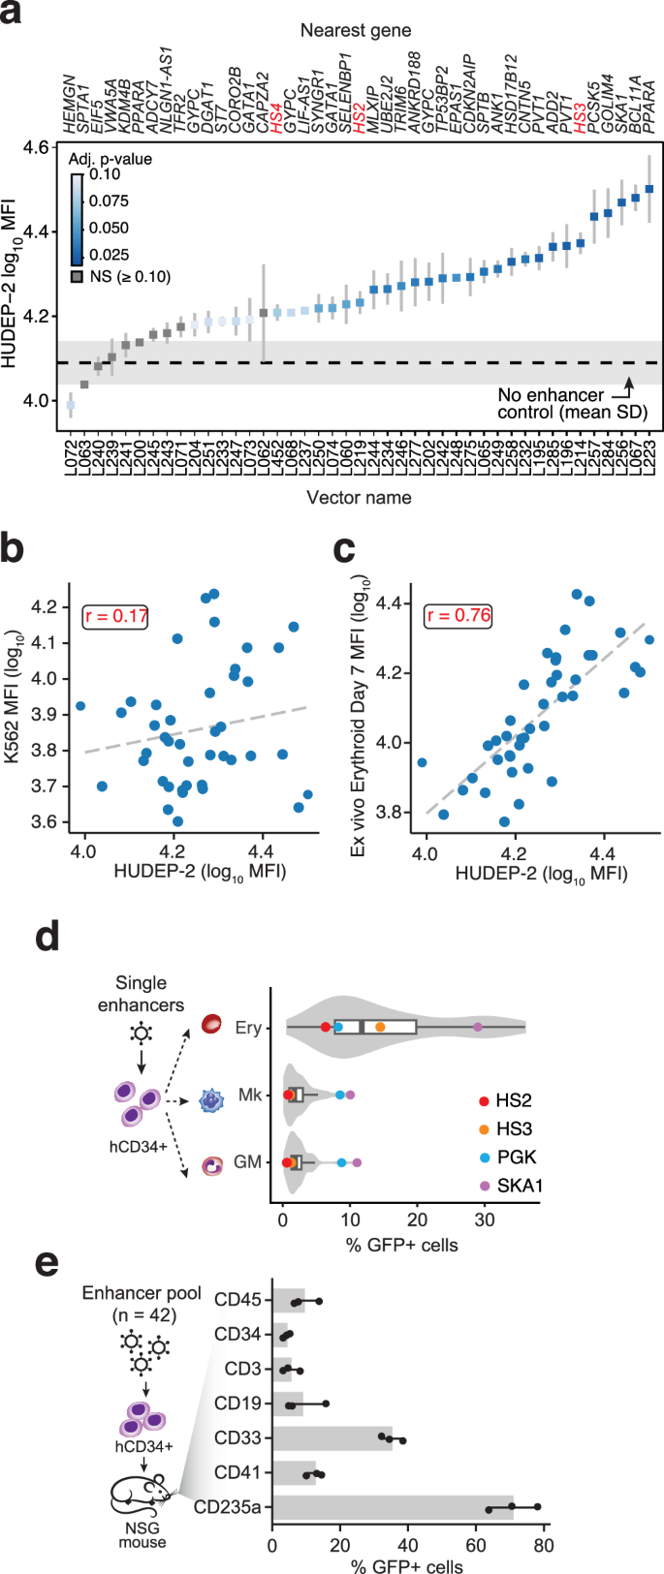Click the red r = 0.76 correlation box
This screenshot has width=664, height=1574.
point(459,615)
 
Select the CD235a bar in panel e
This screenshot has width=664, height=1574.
point(393,1508)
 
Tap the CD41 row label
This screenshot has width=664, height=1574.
point(237,1473)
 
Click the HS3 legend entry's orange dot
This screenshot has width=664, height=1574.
point(484,1128)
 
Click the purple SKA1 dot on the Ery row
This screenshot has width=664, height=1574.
point(478,1027)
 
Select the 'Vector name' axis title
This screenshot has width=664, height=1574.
point(359,498)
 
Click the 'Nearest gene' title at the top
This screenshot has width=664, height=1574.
point(355,30)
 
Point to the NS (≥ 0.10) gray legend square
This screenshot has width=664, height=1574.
point(78,277)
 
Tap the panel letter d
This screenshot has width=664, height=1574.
point(47,937)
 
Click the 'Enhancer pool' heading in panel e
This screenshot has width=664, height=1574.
point(142,1293)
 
